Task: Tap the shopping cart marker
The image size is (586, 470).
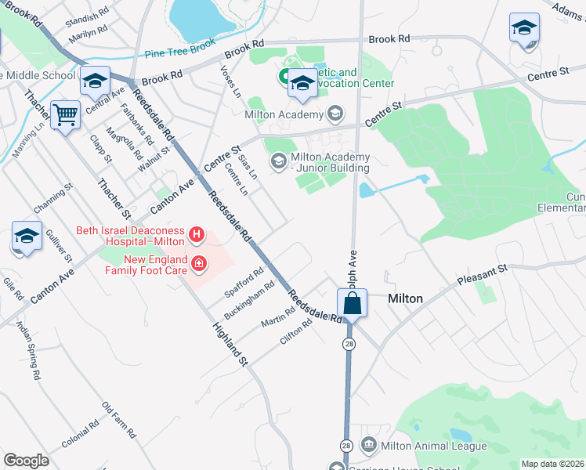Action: (x=66, y=115)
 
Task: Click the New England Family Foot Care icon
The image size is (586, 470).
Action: (x=200, y=263)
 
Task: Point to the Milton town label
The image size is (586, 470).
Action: (x=406, y=298)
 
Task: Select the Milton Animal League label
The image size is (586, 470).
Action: (x=433, y=446)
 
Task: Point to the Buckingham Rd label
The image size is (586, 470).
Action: (x=248, y=295)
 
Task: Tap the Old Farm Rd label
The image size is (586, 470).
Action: (x=119, y=421)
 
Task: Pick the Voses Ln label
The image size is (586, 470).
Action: (x=231, y=81)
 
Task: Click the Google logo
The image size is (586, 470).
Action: (x=26, y=460)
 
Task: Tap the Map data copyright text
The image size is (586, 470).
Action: (x=552, y=464)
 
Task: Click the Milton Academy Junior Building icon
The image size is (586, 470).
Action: (x=277, y=161)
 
